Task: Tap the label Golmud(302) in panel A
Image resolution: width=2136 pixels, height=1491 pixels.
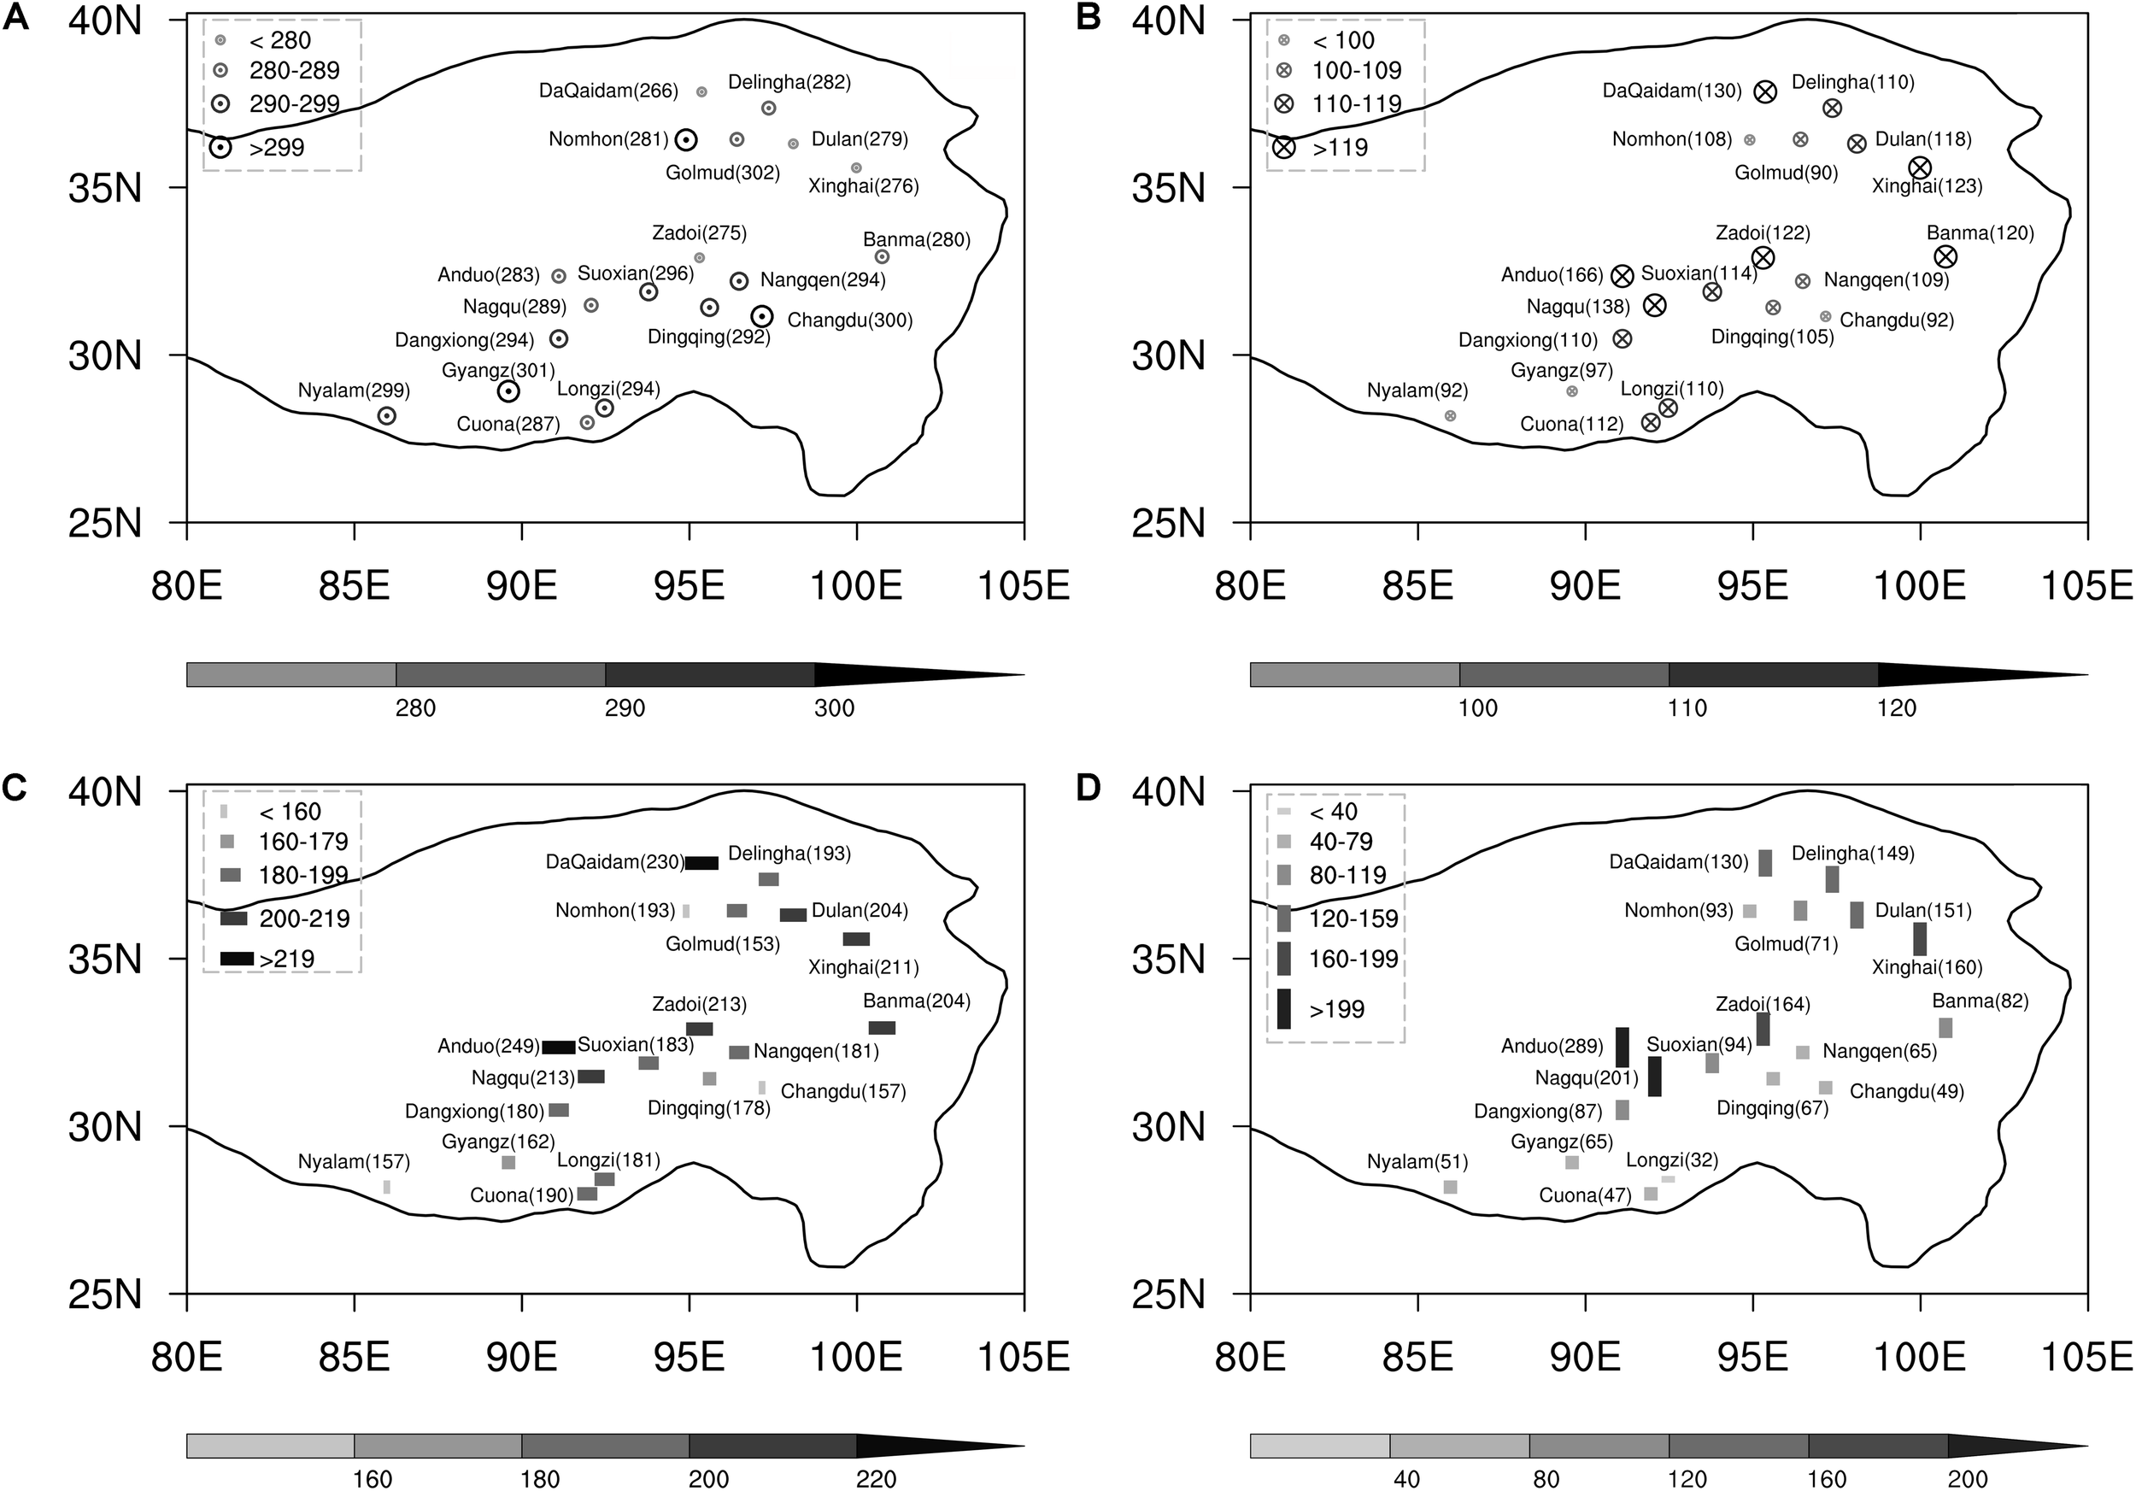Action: pyautogui.click(x=722, y=172)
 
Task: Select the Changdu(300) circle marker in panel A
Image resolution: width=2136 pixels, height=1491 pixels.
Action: pyautogui.click(x=762, y=317)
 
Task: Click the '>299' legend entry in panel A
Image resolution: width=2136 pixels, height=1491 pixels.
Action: pyautogui.click(x=276, y=148)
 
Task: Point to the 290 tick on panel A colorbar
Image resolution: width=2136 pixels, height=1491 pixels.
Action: pyautogui.click(x=625, y=709)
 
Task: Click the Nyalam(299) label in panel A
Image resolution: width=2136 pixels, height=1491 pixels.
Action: pyautogui.click(x=354, y=390)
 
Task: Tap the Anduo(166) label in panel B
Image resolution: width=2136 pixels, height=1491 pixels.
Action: pyautogui.click(x=1552, y=275)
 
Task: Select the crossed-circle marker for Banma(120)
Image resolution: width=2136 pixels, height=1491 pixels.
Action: pyautogui.click(x=1945, y=256)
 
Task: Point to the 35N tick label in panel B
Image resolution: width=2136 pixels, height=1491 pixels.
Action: pyautogui.click(x=1168, y=189)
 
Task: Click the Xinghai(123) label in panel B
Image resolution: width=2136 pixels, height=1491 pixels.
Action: pyautogui.click(x=1927, y=186)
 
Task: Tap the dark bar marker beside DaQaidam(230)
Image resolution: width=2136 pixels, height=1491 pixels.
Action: pyautogui.click(x=701, y=863)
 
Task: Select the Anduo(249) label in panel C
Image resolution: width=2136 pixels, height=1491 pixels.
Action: pyautogui.click(x=489, y=1047)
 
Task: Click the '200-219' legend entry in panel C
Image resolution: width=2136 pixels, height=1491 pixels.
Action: pyautogui.click(x=303, y=919)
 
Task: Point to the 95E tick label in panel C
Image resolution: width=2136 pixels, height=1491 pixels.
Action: pyautogui.click(x=690, y=1359)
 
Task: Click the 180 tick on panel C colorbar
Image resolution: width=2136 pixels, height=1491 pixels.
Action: pyautogui.click(x=540, y=1479)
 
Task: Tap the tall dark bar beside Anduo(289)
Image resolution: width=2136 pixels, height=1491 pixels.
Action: pyautogui.click(x=1622, y=1047)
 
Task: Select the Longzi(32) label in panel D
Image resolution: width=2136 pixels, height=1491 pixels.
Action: pyautogui.click(x=1672, y=1161)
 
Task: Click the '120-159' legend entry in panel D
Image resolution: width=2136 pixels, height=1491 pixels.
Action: pyautogui.click(x=1353, y=919)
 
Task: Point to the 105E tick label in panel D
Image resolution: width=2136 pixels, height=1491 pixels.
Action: pyautogui.click(x=2086, y=1359)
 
